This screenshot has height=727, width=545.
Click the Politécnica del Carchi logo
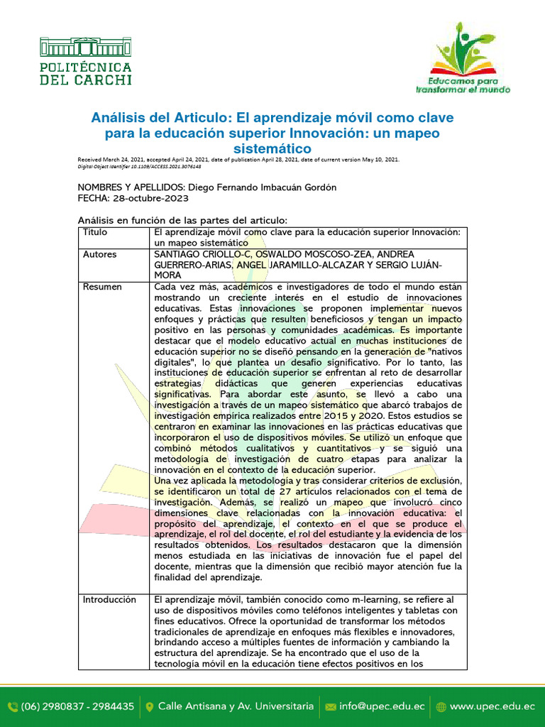coord(86,62)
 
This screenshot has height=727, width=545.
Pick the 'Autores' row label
coord(100,254)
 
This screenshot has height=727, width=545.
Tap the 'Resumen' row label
coord(102,287)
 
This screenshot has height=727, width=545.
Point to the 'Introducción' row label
coord(109,600)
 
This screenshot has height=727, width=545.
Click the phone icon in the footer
coord(13,706)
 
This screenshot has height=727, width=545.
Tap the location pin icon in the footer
coord(149,706)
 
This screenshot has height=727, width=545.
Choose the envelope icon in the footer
coord(330,706)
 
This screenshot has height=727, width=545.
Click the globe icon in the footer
coord(441,706)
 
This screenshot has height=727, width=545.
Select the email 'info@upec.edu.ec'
coord(382,706)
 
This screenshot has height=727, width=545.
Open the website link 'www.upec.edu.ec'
coord(492,706)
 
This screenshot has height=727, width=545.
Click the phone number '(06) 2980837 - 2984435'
coord(78,706)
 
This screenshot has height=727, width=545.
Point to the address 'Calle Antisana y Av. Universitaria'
coord(236,706)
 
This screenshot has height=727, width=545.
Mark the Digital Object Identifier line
coord(139,166)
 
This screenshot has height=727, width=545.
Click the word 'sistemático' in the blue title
coord(272,148)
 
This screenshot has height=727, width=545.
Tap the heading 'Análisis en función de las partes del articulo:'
coord(182,220)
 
